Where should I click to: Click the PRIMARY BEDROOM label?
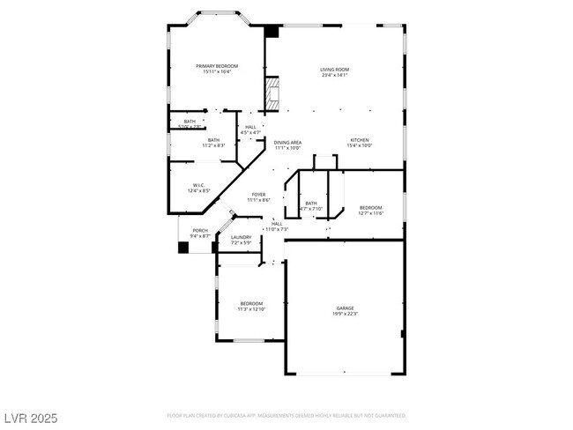point(217,66)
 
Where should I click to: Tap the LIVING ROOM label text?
point(334,70)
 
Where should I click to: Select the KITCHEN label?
point(359,140)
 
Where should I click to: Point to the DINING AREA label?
point(287,143)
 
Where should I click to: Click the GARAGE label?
point(345,308)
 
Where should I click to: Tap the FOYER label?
point(258,195)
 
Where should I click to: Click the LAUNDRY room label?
point(242,237)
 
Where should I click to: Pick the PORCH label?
point(200,231)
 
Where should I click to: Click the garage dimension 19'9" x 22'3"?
point(345,314)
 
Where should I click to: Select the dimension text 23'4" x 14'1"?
point(334,75)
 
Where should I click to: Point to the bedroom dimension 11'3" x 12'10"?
point(251,309)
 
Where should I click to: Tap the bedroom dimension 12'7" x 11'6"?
point(370,213)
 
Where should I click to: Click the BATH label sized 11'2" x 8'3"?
point(213,139)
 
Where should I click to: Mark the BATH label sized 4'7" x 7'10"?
point(310,204)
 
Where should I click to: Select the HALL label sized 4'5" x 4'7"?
point(251,127)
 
